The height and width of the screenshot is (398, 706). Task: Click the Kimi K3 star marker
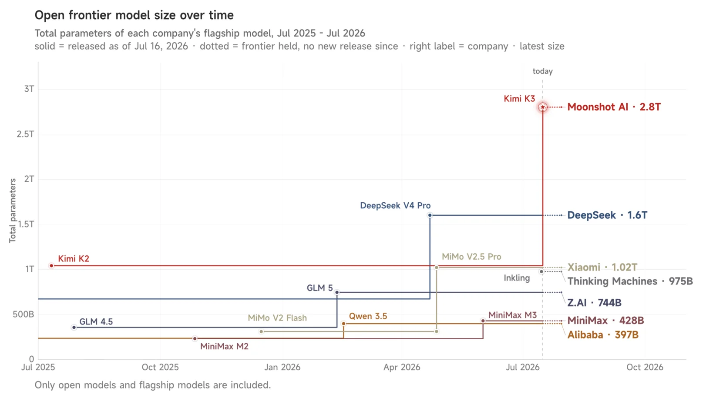coord(542,107)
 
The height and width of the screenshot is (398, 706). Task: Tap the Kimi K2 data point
coord(52,266)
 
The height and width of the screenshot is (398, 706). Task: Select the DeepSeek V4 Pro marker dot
coord(430,215)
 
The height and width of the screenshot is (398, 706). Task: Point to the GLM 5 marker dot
coord(337,292)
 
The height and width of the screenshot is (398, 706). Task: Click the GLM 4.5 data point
coord(74,328)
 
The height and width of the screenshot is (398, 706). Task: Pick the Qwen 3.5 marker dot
coord(343,323)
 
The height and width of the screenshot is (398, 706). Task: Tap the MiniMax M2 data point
coord(195,338)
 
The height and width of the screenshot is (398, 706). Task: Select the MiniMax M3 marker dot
coord(483,321)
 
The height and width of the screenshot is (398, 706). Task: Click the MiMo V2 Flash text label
coord(277,318)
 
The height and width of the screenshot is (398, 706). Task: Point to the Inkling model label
coord(517,278)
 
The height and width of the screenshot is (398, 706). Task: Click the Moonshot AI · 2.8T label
coord(614,107)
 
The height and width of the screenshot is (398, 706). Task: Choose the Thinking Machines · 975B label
coord(630,281)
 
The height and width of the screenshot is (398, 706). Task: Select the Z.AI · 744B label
coord(595,303)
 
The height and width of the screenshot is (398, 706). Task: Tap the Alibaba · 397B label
coord(603,334)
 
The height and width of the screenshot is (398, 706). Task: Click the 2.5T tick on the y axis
coord(25,134)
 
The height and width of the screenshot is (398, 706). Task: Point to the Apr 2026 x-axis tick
coord(402,367)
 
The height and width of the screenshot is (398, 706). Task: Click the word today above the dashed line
coord(542,71)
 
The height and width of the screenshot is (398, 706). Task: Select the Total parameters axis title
coord(13,211)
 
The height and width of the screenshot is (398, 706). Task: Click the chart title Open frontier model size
coord(134,15)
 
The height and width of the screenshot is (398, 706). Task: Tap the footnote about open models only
coord(153,385)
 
